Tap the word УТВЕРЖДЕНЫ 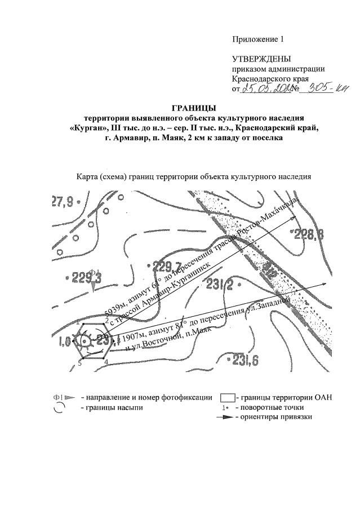pos(262,59)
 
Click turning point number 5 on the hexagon pos(80,363)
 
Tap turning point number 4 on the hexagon pos(106,361)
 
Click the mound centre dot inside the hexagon pos(85,341)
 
